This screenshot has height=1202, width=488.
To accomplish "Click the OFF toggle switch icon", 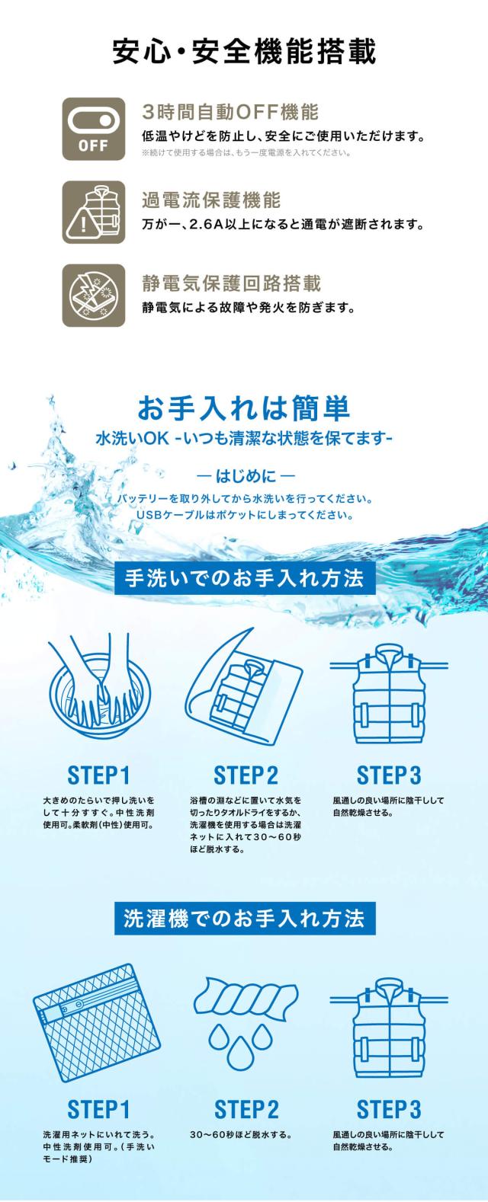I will [x=94, y=129].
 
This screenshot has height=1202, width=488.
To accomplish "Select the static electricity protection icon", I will [x=94, y=295].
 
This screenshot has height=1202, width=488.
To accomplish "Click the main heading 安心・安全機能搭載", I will [x=244, y=53].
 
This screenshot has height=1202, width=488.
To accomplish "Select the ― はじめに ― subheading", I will [x=244, y=478].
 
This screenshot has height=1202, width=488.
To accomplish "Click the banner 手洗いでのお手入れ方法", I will [x=244, y=578].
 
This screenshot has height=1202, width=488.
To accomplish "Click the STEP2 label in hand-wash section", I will [x=246, y=775].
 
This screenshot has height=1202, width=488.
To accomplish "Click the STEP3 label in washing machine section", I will [x=389, y=1109].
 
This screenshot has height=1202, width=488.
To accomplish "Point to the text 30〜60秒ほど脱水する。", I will [x=241, y=1135].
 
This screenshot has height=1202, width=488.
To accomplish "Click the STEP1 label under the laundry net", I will [x=98, y=1109].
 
